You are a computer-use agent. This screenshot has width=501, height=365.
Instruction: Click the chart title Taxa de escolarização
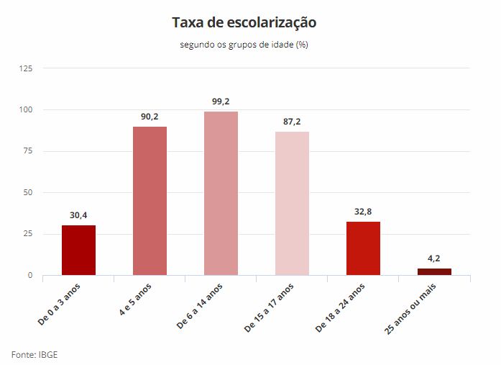coord(244,22)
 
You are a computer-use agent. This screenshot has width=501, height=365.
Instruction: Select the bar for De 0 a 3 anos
coord(78,250)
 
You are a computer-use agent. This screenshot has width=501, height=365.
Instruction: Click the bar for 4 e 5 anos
coord(150,201)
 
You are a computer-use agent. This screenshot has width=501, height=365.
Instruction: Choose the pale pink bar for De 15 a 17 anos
coord(292,203)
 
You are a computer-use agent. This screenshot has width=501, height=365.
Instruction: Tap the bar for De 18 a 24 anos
coord(363,248)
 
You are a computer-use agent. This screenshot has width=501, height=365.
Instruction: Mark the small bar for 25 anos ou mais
coord(434,271)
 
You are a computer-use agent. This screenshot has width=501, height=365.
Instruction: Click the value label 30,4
coord(78,215)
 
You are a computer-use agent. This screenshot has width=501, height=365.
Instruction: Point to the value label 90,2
coord(150,116)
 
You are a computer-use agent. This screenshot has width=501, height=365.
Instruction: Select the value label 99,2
coord(221,102)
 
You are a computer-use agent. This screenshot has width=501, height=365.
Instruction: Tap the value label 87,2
coord(292,121)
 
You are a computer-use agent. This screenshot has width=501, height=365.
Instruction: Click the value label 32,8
coord(363,211)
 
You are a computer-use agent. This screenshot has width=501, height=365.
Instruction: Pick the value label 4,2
coord(434,258)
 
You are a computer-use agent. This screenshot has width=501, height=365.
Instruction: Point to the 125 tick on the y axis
coord(26,68)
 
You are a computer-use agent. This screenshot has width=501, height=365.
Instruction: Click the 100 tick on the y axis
coord(26,110)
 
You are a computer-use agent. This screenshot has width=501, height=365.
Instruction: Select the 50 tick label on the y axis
coord(28,192)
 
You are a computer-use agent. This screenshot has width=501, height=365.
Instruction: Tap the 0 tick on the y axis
coord(30,275)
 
